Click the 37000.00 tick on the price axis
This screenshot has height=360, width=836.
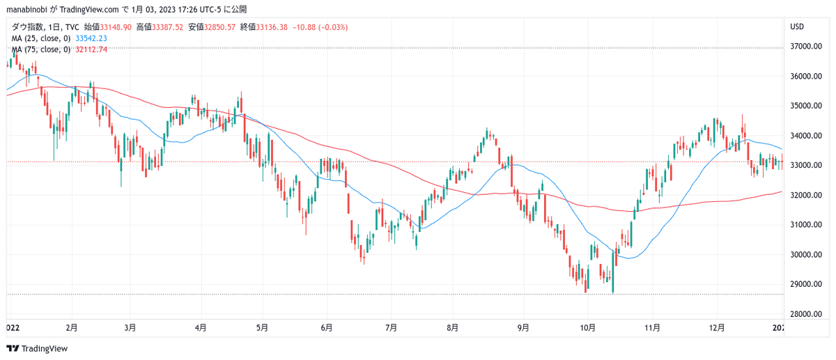(806, 47)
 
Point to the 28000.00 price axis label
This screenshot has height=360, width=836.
(806, 314)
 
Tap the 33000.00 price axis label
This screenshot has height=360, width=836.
(806, 165)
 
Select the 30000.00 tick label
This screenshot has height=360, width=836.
(806, 255)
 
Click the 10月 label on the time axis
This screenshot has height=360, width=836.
(587, 328)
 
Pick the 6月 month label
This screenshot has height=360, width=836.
(327, 328)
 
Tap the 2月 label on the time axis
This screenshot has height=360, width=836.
(72, 328)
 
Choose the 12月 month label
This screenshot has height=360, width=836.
(717, 328)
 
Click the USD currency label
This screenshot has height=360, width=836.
(797, 27)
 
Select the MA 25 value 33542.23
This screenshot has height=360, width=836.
(91, 38)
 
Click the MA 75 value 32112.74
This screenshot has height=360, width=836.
(91, 49)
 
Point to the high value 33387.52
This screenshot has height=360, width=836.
(168, 27)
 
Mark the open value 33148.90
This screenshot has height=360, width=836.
(116, 27)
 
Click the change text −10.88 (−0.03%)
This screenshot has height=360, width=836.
(320, 27)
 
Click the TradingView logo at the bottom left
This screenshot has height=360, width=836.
(37, 348)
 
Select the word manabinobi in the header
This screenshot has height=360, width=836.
(27, 9)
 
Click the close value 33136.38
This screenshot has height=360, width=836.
(272, 27)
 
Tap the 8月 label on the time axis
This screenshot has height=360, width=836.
(452, 328)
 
